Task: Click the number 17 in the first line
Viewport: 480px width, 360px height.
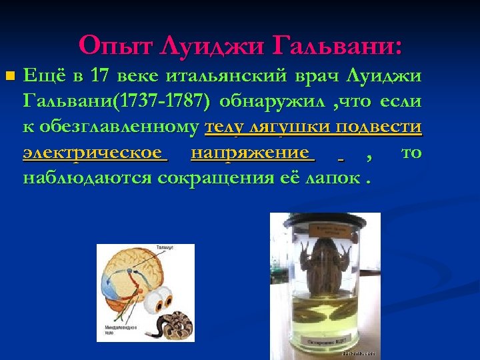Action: click(100, 77)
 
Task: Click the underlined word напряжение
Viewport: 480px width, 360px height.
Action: click(250, 153)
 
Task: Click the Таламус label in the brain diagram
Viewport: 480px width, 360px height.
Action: click(164, 247)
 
